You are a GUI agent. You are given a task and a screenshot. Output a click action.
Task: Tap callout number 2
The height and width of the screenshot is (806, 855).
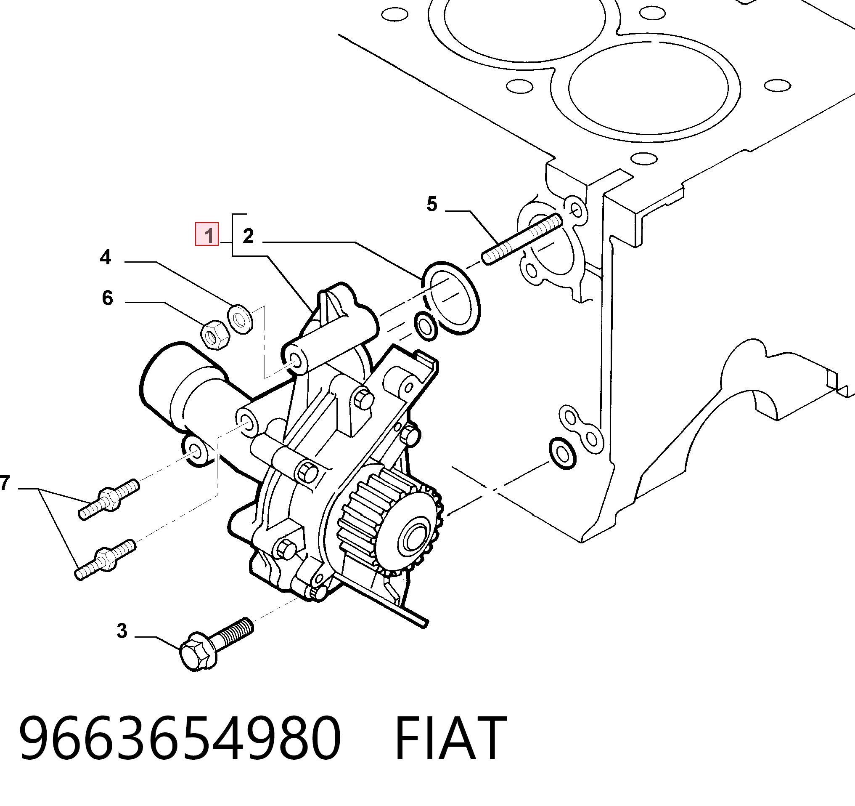point(248,236)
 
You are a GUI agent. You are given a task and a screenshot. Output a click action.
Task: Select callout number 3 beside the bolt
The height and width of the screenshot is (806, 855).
point(122,631)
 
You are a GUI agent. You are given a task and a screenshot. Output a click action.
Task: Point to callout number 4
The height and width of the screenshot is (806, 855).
point(106,257)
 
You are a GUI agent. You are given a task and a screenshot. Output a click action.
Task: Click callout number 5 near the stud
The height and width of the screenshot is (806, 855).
point(432,204)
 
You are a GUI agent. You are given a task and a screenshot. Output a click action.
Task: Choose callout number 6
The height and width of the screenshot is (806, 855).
point(108,298)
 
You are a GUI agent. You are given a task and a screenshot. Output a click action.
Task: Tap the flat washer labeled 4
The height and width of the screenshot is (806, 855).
point(240,319)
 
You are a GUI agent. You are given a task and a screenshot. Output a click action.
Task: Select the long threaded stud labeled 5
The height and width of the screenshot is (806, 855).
point(523,239)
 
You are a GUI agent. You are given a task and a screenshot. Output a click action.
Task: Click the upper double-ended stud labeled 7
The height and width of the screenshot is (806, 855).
point(109,499)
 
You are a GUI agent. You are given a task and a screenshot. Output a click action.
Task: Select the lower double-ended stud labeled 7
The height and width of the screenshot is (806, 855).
point(106,559)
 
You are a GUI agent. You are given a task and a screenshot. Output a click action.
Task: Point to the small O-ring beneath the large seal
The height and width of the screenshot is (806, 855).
point(426,327)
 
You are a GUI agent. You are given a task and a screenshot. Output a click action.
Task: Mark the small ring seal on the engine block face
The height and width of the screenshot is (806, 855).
point(563,453)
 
